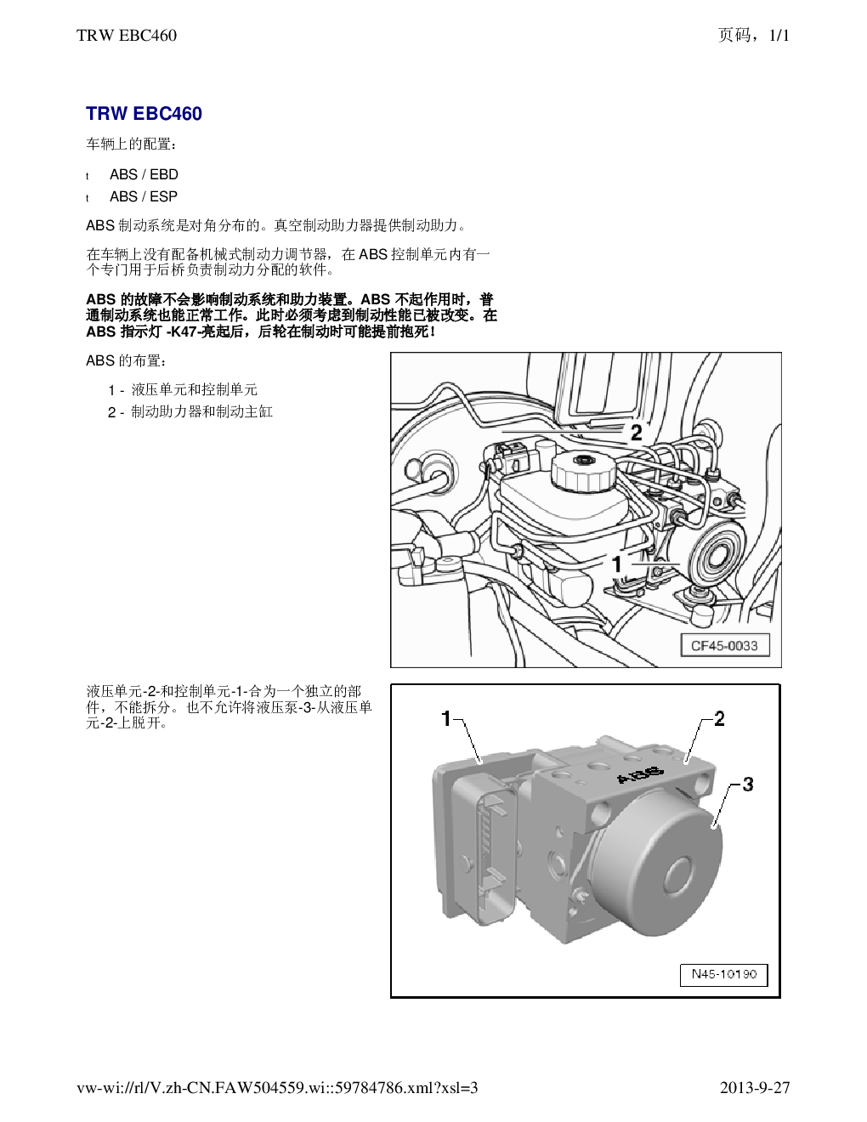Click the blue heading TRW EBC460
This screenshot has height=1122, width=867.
coord(144,114)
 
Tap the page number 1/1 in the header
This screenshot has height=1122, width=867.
coord(779,35)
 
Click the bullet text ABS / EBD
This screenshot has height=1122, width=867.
coord(144,174)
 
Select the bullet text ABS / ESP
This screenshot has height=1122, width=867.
coord(144,196)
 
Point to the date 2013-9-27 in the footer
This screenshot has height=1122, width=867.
coord(755,1088)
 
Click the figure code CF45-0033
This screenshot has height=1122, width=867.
coord(724,645)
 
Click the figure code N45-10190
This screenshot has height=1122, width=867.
coord(724,974)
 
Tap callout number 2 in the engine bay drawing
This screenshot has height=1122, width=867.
coord(636,432)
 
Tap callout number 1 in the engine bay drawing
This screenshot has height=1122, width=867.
coord(617,564)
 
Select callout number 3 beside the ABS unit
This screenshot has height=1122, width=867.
coord(748,785)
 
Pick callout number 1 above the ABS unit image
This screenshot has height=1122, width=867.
coord(446,718)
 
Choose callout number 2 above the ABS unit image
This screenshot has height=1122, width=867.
coord(719,718)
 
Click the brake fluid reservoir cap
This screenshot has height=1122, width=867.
coord(584,472)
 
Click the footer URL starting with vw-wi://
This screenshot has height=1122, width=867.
coord(277,1088)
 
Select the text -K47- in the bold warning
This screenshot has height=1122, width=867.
coord(184,331)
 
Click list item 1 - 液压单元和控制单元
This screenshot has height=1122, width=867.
coord(183,390)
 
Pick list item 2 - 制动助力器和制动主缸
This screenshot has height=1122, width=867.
coord(190,412)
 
